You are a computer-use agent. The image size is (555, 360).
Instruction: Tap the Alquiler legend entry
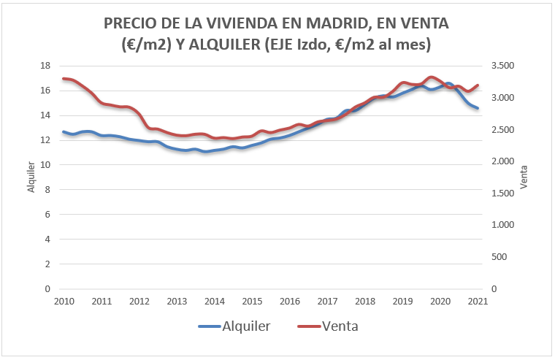coord(235,326)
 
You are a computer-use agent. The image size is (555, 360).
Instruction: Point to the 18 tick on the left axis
coord(45,66)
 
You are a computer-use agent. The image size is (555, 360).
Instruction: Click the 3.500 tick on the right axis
coord(505,66)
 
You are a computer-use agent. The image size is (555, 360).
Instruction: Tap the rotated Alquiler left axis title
coord(31,177)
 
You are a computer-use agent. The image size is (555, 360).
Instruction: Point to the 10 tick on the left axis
coord(45,165)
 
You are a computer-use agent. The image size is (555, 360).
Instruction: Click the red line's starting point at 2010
coord(64,78)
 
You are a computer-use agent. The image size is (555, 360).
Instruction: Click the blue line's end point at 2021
coord(478,108)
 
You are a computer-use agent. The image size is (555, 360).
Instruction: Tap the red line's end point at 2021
coord(478,85)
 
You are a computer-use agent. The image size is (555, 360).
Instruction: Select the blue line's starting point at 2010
coord(64,132)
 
